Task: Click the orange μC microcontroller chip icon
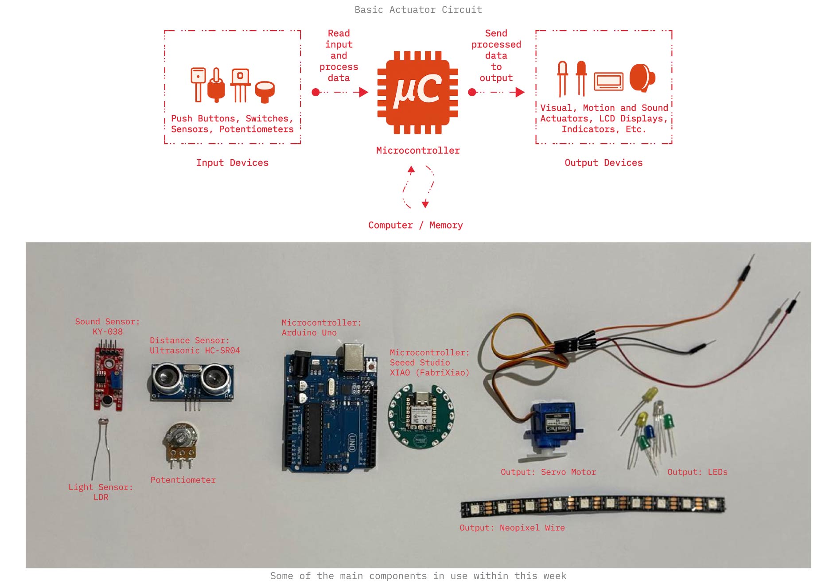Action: pyautogui.click(x=417, y=92)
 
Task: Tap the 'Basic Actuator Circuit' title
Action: pyautogui.click(x=418, y=10)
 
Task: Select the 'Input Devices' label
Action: pyautogui.click(x=232, y=163)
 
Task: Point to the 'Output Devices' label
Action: pyautogui.click(x=603, y=163)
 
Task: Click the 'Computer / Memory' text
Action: pyautogui.click(x=415, y=225)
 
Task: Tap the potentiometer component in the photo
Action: pyautogui.click(x=180, y=443)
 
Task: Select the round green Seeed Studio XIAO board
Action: pyautogui.click(x=421, y=416)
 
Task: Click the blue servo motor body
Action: pyautogui.click(x=555, y=425)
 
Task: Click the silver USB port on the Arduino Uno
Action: pyautogui.click(x=354, y=357)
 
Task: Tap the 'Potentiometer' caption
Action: pyautogui.click(x=183, y=480)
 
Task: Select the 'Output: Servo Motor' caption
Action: pyautogui.click(x=548, y=472)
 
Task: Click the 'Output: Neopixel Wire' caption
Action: pyautogui.click(x=512, y=528)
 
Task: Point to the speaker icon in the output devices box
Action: pyautogui.click(x=641, y=78)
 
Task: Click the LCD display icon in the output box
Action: pyautogui.click(x=608, y=81)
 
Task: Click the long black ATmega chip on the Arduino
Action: pyautogui.click(x=313, y=433)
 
